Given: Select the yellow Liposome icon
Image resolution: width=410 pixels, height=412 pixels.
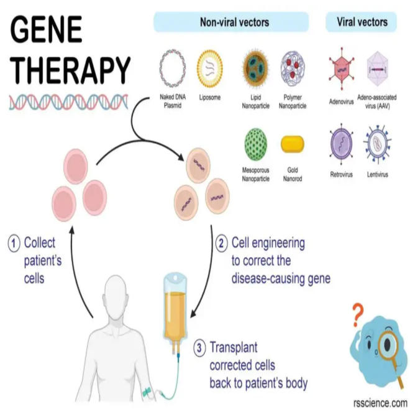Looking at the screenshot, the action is point(209,68).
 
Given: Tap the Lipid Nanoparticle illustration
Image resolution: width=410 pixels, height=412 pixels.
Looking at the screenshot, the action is point(255,68).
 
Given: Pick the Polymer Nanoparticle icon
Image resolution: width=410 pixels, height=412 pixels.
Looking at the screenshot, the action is point(293,68).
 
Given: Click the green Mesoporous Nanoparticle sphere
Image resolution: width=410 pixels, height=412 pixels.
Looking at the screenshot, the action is point(256,144).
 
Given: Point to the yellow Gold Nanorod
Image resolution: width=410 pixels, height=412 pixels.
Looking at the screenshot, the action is point(293,144).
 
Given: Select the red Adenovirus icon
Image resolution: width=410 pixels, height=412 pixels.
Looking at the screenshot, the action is point(341,69).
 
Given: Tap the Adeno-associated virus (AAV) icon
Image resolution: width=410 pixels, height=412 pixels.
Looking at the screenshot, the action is point(377,69).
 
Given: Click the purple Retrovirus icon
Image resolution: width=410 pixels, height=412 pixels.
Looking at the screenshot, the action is point(341,144).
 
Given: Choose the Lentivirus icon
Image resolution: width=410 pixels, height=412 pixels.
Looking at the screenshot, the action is point(377,144).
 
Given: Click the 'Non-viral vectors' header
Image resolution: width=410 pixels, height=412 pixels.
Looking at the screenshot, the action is point(235,22).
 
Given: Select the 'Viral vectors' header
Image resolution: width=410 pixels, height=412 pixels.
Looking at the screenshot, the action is point(362,22).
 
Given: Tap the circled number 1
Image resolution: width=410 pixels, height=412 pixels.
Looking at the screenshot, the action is point(14,243).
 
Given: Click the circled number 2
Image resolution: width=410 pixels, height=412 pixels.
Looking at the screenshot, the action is point(221,243).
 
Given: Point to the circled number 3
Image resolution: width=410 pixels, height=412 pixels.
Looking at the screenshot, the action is point(199,348).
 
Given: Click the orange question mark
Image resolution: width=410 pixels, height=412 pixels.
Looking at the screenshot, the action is point(358,315).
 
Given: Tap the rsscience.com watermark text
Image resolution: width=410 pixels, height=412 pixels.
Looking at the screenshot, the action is point(380,403).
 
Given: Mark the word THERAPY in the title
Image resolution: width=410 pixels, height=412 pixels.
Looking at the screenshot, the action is point(70,70).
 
